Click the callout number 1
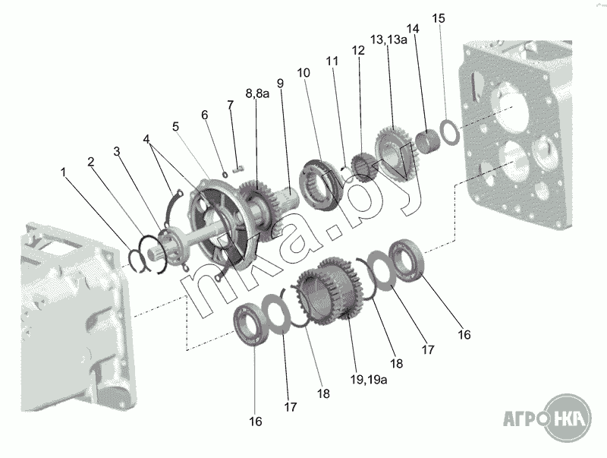(x=64, y=172)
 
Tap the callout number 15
(x=439, y=18)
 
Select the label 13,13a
(x=388, y=39)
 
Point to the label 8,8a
(x=257, y=93)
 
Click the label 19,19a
(x=369, y=380)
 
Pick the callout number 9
(x=280, y=84)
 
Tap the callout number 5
(x=176, y=126)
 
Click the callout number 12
(x=358, y=50)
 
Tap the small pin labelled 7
(x=238, y=169)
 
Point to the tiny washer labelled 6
(x=225, y=174)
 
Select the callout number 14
(x=413, y=29)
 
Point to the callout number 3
(x=117, y=151)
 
